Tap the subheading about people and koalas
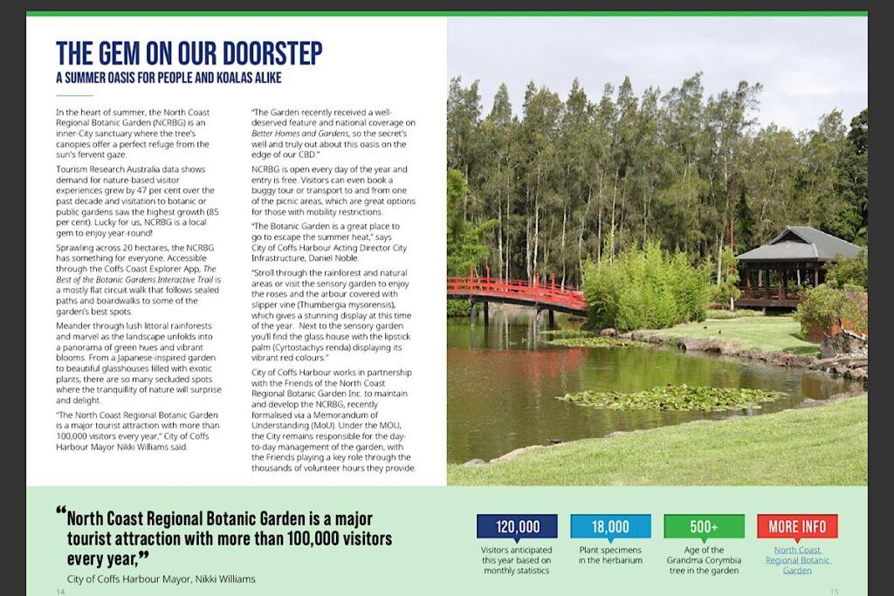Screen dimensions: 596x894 tap(168, 78)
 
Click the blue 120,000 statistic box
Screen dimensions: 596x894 tap(517, 526)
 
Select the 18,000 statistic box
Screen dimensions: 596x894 tap(610, 526)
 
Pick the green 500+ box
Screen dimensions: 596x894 tap(704, 526)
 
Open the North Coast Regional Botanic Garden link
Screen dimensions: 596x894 tap(797, 560)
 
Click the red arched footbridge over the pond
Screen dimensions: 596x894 tap(516, 291)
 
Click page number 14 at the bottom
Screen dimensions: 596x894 tap(60, 592)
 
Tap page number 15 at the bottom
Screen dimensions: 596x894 tap(834, 592)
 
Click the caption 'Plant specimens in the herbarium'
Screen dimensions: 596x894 tap(610, 555)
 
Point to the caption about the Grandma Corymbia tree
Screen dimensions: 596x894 tap(704, 560)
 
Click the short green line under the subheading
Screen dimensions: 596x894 tap(73, 95)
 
